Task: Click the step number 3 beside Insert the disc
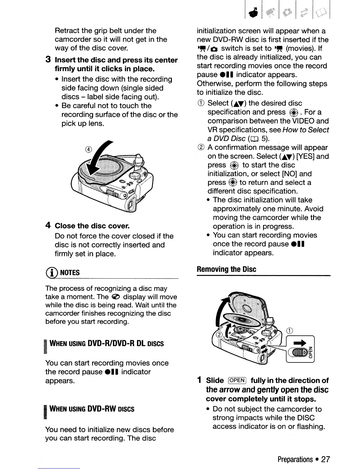click(x=48, y=60)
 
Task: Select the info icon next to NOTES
click(x=52, y=272)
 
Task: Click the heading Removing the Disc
click(x=226, y=269)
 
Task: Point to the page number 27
click(x=326, y=459)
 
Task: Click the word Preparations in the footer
click(x=295, y=459)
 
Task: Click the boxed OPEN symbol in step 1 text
click(x=237, y=381)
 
